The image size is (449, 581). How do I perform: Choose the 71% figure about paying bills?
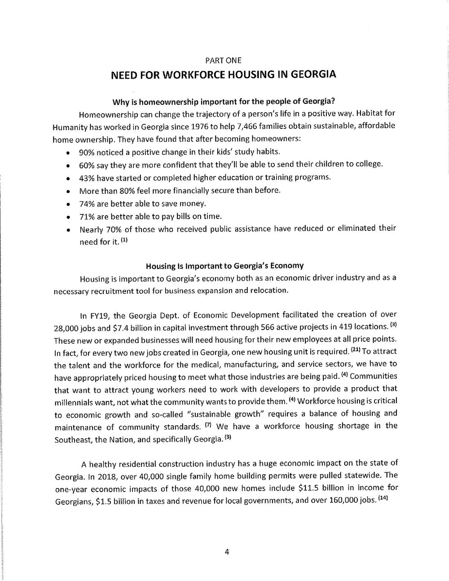pos(87,216)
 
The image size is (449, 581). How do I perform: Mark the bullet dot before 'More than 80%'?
pos(67,191)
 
